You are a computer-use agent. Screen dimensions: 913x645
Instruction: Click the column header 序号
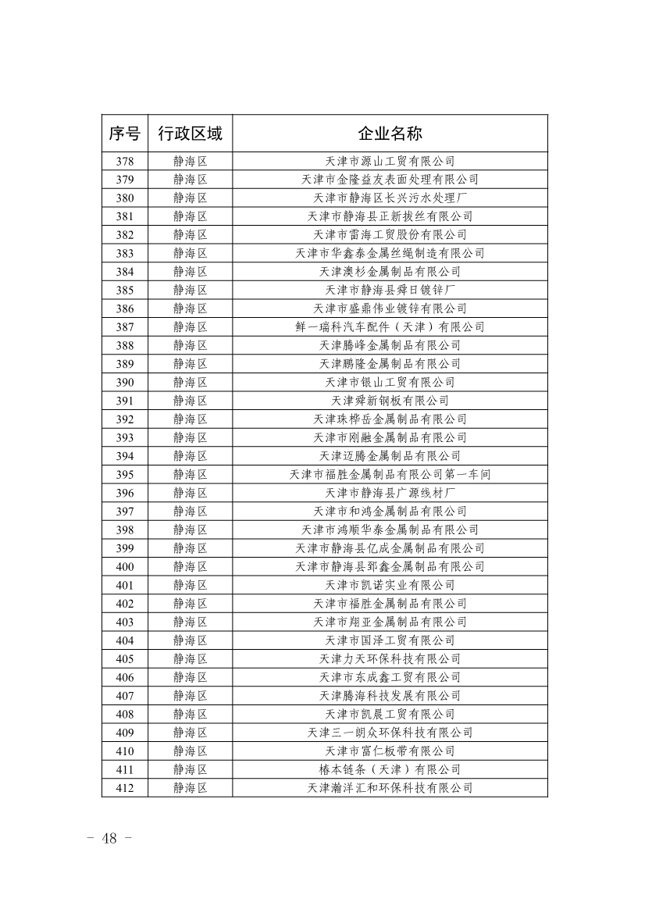124,134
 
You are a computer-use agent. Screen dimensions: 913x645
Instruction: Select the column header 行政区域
190,134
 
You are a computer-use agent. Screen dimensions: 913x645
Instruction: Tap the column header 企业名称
390,134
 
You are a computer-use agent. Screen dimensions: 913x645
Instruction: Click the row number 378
124,162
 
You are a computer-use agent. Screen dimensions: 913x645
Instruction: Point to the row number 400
124,567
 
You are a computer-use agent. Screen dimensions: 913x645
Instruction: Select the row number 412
124,788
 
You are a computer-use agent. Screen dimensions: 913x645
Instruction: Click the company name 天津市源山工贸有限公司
390,162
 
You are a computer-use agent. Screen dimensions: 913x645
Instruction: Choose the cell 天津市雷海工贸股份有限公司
390,235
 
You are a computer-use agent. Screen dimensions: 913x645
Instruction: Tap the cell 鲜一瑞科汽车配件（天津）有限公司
390,327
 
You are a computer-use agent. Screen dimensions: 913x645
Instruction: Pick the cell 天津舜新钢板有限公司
390,401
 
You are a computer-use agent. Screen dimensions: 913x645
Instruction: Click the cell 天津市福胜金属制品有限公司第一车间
390,475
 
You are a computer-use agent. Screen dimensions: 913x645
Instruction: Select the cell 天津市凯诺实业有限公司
390,585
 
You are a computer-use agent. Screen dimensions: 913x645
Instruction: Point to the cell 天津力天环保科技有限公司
390,659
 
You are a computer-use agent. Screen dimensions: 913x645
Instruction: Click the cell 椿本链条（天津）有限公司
390,769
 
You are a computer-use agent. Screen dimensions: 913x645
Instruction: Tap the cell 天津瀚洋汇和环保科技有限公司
390,788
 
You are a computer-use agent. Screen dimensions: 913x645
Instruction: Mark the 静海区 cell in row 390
190,383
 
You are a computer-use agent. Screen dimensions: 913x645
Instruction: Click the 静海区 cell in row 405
190,659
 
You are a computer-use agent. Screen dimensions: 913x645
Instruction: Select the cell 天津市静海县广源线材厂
390,493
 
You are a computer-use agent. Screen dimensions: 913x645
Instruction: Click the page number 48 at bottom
109,839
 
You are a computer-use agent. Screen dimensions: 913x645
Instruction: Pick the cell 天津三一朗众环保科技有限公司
390,733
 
